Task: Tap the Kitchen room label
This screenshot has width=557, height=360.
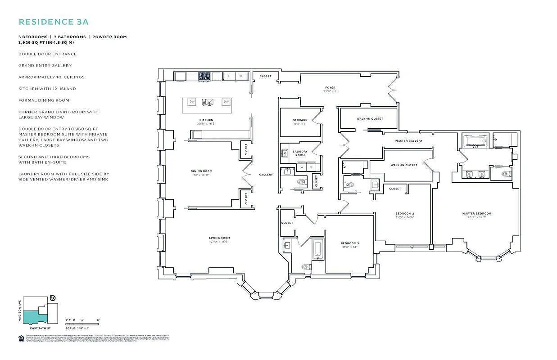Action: (x=206, y=120)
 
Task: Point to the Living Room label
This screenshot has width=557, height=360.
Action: (x=219, y=238)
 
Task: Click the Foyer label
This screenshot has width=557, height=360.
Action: (x=331, y=88)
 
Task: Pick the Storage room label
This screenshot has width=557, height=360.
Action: (x=300, y=120)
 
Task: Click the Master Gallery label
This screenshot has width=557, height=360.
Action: (x=409, y=141)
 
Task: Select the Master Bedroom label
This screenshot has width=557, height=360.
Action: (x=476, y=214)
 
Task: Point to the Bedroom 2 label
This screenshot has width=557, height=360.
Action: (x=404, y=214)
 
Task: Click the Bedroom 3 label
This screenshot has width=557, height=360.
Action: (x=349, y=243)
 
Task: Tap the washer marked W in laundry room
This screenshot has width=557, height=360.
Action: (x=302, y=167)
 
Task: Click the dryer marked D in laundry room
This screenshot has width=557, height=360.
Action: (x=311, y=167)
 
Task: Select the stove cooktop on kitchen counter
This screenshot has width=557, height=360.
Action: (x=204, y=76)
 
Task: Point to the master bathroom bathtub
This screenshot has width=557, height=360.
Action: (x=476, y=141)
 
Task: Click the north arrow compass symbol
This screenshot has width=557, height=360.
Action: (x=53, y=298)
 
